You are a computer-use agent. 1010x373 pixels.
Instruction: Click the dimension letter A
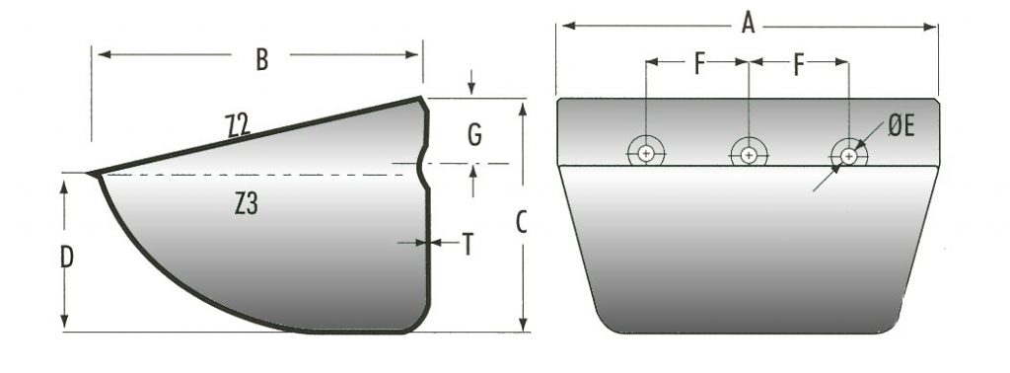tap(748, 24)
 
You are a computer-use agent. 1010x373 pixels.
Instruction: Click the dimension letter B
tap(260, 58)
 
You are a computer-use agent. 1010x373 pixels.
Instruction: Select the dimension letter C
tap(522, 223)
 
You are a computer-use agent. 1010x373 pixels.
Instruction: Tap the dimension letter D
tap(66, 258)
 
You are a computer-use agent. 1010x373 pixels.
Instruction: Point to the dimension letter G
tap(474, 135)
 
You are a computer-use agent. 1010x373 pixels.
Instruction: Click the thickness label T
tap(469, 244)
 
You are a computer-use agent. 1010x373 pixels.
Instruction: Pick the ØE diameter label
tap(902, 127)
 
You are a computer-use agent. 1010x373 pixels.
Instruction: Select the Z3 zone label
tap(246, 204)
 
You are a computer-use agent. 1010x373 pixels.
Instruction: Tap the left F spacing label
tap(699, 65)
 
